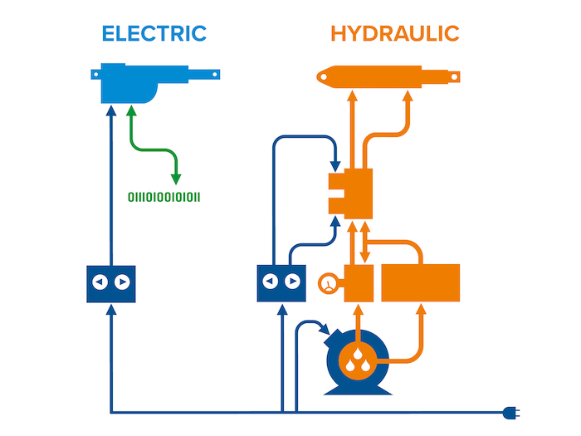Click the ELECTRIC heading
click(154, 34)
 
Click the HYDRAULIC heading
click(394, 34)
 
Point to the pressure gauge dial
click(329, 283)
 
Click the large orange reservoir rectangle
click(420, 282)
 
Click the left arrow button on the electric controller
click(100, 282)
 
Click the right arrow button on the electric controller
click(123, 282)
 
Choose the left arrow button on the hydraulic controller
click(270, 282)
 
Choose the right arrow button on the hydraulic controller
click(292, 282)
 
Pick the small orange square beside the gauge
click(359, 283)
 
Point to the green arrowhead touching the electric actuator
click(130, 110)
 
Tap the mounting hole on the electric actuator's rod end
click(215, 75)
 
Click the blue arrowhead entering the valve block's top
click(334, 163)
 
